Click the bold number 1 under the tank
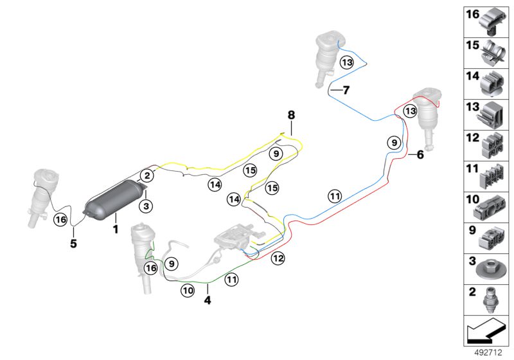tap(116, 228)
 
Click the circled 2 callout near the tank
tap(147, 175)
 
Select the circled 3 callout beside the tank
tap(147, 206)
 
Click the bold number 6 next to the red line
tap(421, 154)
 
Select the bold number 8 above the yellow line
tap(291, 115)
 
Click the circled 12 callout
tap(278, 258)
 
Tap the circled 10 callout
tap(187, 291)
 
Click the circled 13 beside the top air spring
tap(347, 62)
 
